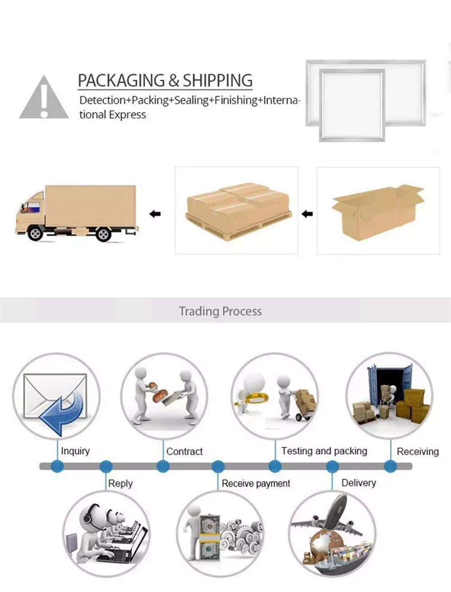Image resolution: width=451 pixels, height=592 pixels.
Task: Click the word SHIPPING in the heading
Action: click(x=217, y=80)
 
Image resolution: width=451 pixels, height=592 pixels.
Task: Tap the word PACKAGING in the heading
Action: click(x=121, y=80)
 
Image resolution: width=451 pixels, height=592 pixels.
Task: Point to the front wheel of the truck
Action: click(x=35, y=234)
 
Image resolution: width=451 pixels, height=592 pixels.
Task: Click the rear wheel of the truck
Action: click(x=103, y=234)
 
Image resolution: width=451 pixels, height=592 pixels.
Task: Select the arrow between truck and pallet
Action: click(x=155, y=214)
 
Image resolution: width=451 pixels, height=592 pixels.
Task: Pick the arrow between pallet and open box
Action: click(x=307, y=214)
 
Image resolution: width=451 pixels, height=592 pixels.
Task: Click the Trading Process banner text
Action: click(x=220, y=311)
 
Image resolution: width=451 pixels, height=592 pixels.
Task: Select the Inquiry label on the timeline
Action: click(x=75, y=451)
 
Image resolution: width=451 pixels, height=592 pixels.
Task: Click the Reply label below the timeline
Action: click(x=120, y=483)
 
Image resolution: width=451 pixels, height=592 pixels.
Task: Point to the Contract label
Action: click(x=184, y=451)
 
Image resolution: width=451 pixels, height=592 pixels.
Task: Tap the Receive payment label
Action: click(x=256, y=483)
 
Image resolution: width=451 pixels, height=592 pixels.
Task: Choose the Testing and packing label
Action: click(x=324, y=451)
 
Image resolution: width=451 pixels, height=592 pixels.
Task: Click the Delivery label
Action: click(x=359, y=483)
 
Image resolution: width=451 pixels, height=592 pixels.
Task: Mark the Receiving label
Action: click(x=418, y=451)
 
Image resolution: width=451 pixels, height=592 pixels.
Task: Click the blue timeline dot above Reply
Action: click(x=106, y=466)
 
